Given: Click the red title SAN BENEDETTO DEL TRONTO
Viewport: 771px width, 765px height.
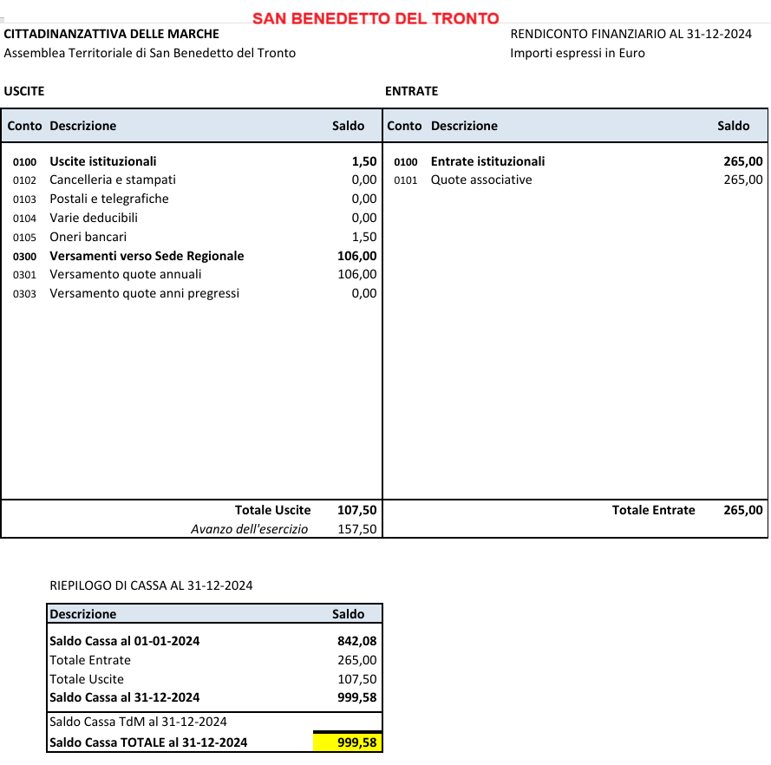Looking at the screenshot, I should coord(376,18).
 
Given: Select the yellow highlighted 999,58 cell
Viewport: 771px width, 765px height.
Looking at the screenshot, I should coord(348,742).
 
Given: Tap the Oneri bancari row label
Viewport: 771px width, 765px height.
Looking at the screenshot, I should coord(88,237).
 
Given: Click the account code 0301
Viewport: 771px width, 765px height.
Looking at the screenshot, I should coord(24,275).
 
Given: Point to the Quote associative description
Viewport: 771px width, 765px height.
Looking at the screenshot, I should coord(481,180).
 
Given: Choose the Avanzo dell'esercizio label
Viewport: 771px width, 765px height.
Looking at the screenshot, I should coord(249,529).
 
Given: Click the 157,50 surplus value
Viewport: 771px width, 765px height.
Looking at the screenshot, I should coord(356,529).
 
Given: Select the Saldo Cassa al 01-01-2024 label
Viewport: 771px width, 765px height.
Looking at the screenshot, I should coord(125,642).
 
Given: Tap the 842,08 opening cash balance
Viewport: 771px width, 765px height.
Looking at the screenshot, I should coord(356,642).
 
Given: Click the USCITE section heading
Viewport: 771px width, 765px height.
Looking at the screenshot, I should coord(24,91).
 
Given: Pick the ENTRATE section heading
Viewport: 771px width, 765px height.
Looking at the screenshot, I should coord(411,91).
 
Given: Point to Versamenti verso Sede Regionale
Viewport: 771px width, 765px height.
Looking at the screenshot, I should coord(147,256).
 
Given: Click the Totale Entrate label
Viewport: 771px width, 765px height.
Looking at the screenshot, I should coord(653,510).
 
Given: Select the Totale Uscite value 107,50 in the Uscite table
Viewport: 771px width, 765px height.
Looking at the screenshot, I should coord(356,510).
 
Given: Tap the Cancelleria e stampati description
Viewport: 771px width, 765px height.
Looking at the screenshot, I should coord(113,180).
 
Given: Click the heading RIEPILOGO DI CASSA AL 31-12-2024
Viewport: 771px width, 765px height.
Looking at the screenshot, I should coord(151,585).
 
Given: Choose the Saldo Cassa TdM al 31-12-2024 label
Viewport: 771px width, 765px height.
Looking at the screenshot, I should coord(138,722).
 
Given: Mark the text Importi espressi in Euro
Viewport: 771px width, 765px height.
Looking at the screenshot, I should coord(578,53).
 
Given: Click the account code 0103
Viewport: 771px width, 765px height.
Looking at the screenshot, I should coord(24,199).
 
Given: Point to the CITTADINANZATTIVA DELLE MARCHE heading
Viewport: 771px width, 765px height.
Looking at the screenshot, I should coord(112,35).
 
